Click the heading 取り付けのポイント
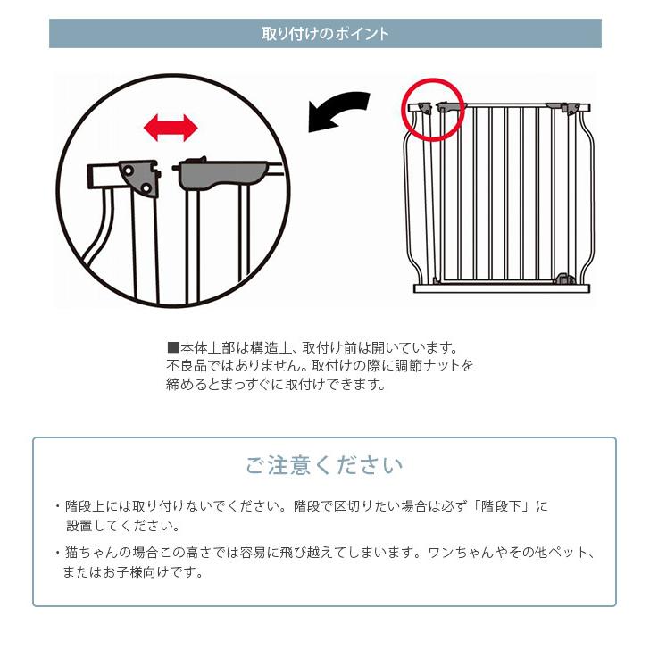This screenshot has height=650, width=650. [x=325, y=34]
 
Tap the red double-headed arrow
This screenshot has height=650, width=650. [x=171, y=128]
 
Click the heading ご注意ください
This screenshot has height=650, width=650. [x=324, y=465]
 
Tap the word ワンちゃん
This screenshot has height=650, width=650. [x=459, y=553]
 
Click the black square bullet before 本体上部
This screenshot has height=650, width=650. [x=173, y=347]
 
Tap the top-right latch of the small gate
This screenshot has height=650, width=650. [x=569, y=107]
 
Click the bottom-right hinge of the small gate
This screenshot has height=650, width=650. [x=562, y=279]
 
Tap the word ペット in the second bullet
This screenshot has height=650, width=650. [x=562, y=553]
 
